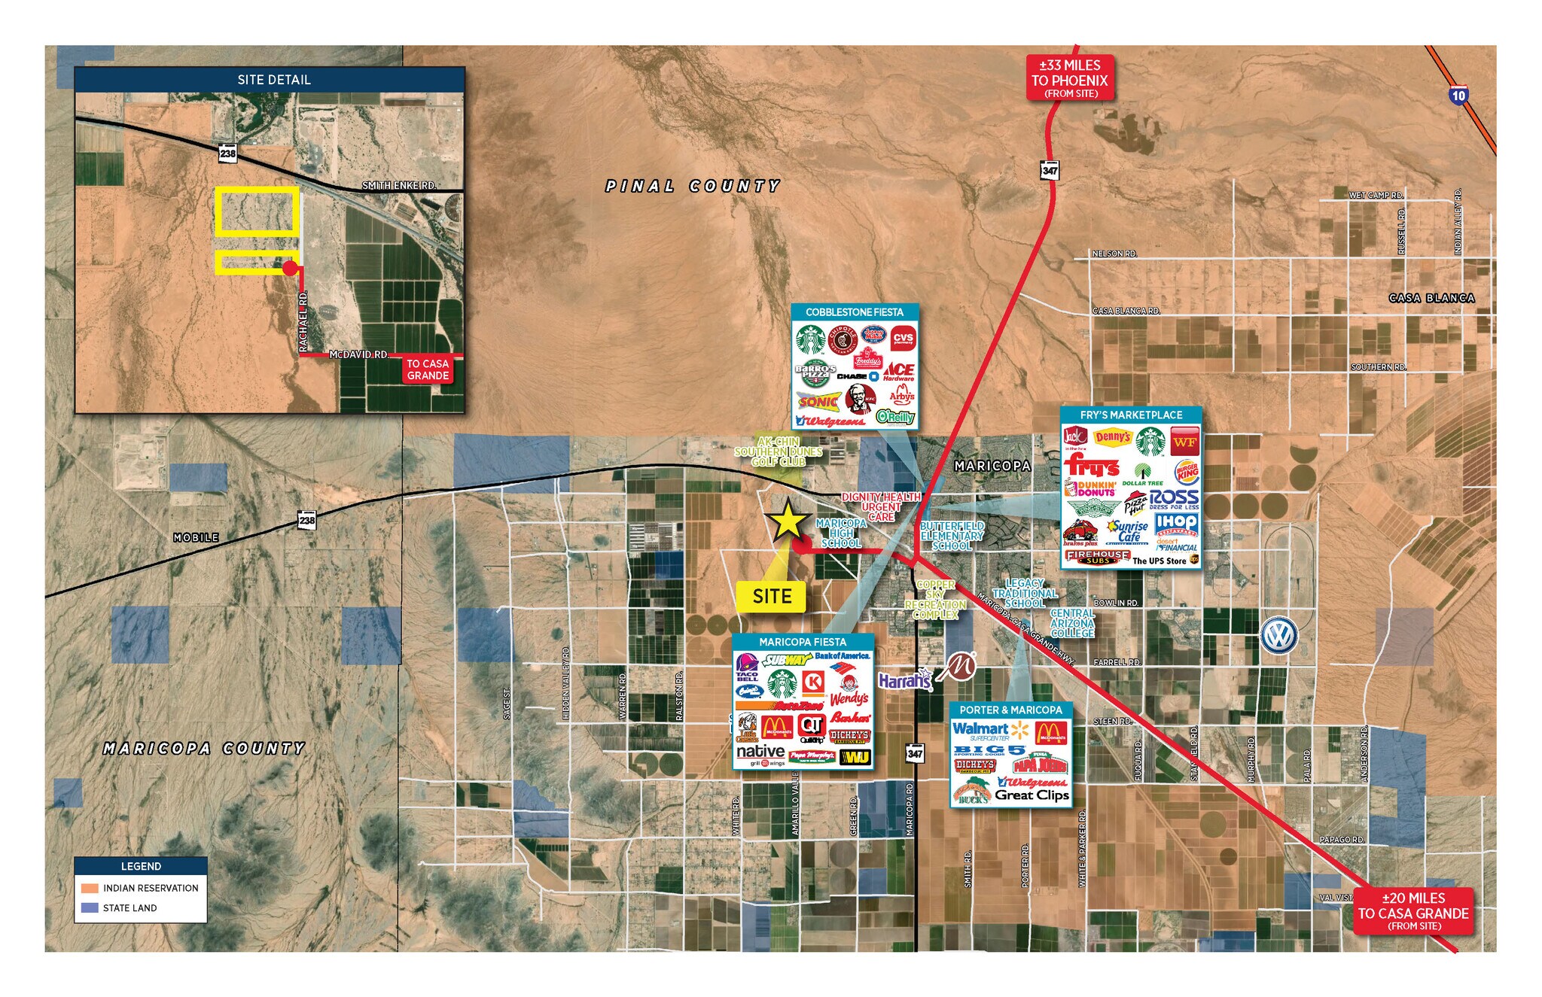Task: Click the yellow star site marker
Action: tap(787, 520)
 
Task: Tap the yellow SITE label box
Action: tap(772, 597)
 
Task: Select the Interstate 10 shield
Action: tap(1458, 96)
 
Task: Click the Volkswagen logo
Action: tap(1278, 635)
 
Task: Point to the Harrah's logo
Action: tap(905, 680)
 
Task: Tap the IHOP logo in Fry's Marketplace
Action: tap(1177, 523)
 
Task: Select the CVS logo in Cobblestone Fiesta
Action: tap(903, 339)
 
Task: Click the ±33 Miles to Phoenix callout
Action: tap(1070, 78)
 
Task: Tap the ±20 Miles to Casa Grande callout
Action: tap(1413, 911)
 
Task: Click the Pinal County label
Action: tap(693, 186)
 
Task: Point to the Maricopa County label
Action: tap(204, 749)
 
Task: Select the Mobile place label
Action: tap(196, 537)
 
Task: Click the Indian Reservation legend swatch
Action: tap(90, 888)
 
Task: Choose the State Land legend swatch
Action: tap(90, 907)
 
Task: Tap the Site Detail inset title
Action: tap(273, 80)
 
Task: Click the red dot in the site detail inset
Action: tap(290, 268)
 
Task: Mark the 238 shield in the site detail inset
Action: tap(227, 154)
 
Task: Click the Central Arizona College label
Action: tap(1072, 623)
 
